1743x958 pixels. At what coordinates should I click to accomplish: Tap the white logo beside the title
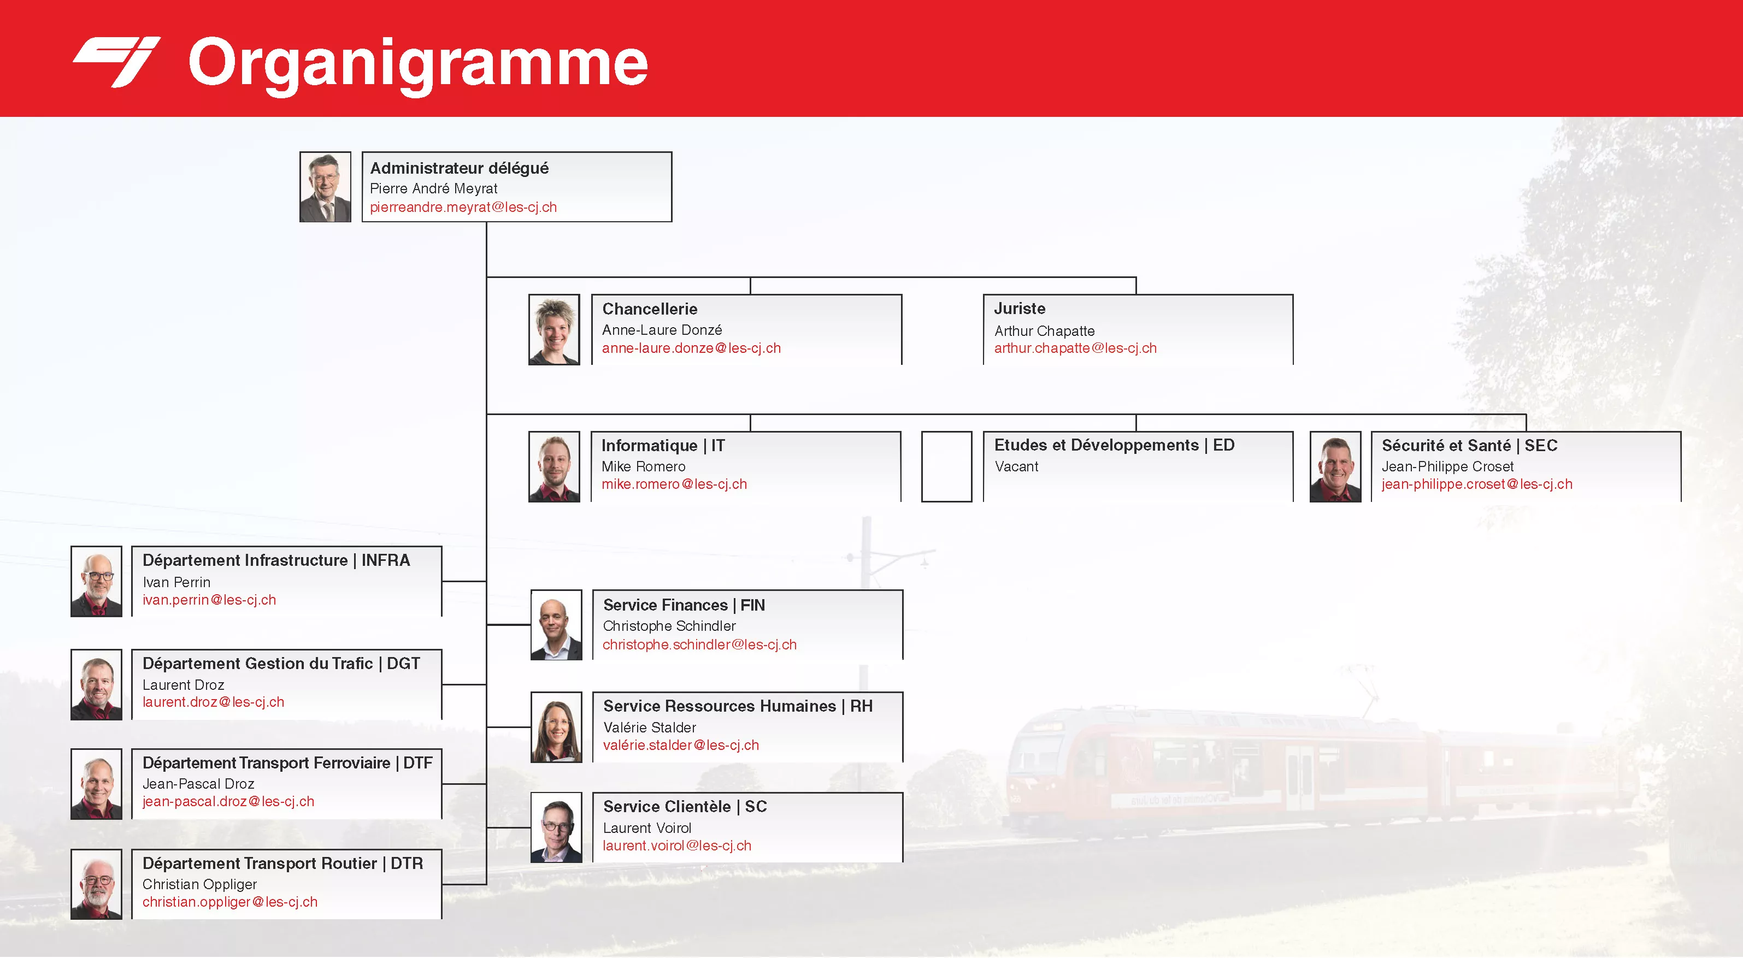[x=116, y=62]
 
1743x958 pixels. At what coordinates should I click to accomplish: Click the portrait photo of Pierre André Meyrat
[x=326, y=187]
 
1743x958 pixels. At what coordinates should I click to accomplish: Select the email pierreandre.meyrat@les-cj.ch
[x=463, y=207]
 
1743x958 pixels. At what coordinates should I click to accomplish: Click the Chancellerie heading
[x=650, y=309]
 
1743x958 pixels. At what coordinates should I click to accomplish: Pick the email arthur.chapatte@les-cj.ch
[x=1075, y=348]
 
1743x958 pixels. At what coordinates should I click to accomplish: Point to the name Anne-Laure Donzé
[x=662, y=329]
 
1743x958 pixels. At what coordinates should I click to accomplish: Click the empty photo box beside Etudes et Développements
[x=946, y=466]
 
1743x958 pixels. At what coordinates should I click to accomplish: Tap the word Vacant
[x=1016, y=466]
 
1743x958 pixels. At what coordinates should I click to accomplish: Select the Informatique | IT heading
[x=663, y=446]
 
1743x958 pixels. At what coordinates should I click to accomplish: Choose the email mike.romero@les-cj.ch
[x=674, y=484]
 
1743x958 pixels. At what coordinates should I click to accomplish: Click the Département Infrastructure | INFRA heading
[x=276, y=560]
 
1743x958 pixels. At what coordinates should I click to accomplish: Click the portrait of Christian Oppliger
[x=97, y=884]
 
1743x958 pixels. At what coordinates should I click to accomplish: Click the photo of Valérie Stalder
[x=556, y=728]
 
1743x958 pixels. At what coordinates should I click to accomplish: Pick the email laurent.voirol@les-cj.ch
[x=676, y=845]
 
